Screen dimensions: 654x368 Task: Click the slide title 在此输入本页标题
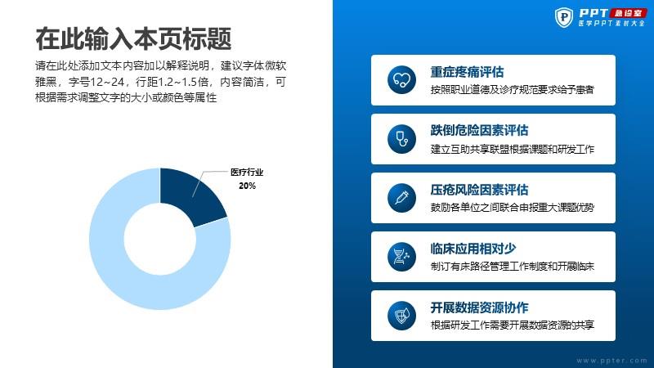pyautogui.click(x=133, y=38)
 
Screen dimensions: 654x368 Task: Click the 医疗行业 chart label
pyautogui.click(x=247, y=173)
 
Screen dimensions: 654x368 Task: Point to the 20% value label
pyautogui.click(x=248, y=186)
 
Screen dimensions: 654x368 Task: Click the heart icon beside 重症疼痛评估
pyautogui.click(x=401, y=79)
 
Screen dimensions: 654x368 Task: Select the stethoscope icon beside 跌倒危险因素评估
pyautogui.click(x=401, y=138)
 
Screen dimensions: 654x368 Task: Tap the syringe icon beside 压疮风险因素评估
pyautogui.click(x=401, y=198)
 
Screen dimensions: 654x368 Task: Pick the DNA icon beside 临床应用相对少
pyautogui.click(x=401, y=257)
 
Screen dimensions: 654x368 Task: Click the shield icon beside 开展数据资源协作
pyautogui.click(x=401, y=316)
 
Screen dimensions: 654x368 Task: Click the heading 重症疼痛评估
pyautogui.click(x=467, y=72)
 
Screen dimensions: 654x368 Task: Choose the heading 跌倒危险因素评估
pyautogui.click(x=479, y=131)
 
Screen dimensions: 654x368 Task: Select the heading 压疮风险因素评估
pyautogui.click(x=479, y=190)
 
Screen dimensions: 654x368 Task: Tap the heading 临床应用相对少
pyautogui.click(x=473, y=249)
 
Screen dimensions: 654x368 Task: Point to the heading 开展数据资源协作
pyautogui.click(x=479, y=307)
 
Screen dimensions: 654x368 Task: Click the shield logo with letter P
pyautogui.click(x=564, y=17)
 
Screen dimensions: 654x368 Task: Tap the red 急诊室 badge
pyautogui.click(x=628, y=13)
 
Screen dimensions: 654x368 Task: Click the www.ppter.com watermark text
pyautogui.click(x=611, y=361)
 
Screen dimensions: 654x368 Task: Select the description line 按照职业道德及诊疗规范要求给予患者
pyautogui.click(x=513, y=90)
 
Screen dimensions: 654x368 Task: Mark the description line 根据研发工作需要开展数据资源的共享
pyautogui.click(x=513, y=325)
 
